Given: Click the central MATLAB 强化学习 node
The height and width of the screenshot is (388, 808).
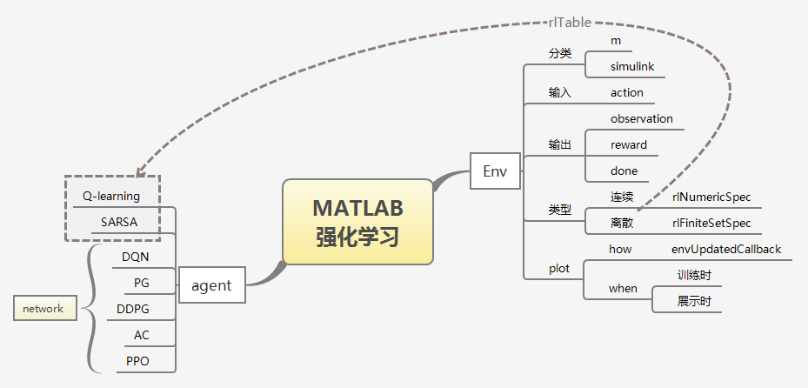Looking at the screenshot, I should (x=357, y=222).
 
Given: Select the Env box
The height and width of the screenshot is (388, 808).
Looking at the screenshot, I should (x=494, y=171).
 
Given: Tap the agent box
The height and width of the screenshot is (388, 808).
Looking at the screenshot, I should (x=211, y=284).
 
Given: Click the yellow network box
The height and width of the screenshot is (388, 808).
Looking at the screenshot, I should (x=43, y=308).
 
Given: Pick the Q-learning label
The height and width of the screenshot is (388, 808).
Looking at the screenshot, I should (x=111, y=196).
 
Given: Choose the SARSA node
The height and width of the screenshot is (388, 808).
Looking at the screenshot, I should (x=118, y=221).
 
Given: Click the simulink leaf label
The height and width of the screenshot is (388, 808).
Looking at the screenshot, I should (x=631, y=66).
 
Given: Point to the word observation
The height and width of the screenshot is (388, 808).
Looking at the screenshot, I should (x=641, y=118).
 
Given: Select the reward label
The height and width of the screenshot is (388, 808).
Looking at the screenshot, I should (x=628, y=144).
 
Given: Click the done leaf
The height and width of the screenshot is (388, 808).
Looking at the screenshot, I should (x=624, y=171).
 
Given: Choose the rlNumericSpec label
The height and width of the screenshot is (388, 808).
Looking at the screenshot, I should (x=711, y=197).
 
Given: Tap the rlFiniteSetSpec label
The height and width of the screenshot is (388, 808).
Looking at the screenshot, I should (x=711, y=223).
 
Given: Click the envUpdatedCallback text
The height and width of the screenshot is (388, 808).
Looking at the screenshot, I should (x=725, y=249).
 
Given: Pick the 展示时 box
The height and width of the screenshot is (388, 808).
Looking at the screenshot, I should (x=694, y=301).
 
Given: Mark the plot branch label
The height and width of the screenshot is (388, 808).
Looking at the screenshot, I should (x=559, y=268).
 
